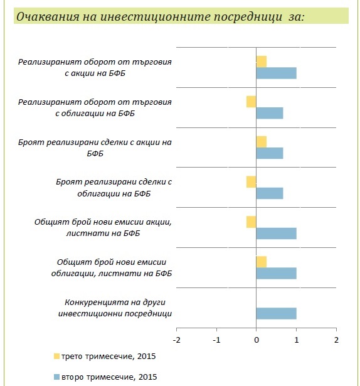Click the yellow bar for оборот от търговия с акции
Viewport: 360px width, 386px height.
pos(262,62)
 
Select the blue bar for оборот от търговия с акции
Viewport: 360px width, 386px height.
pos(277,73)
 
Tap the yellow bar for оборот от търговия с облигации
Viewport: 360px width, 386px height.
pos(251,102)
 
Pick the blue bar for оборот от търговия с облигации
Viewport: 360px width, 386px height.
pos(270,113)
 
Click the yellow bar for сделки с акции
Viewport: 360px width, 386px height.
pos(262,142)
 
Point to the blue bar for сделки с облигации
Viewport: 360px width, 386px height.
pos(270,193)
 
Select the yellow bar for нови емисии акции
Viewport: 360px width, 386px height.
pos(251,222)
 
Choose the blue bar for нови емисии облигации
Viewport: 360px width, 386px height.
pos(277,274)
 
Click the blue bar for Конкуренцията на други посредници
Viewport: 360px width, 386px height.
pos(277,313)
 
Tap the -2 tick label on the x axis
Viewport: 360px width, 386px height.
pos(177,340)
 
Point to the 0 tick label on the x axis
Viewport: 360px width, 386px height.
pos(257,340)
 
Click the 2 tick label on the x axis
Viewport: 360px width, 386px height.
pos(336,340)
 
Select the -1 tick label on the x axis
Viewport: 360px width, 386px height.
pos(216,340)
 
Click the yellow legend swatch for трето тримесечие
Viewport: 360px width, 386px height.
pos(57,357)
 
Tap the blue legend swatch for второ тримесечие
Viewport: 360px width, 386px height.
pos(57,377)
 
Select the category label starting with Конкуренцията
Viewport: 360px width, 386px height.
pos(115,308)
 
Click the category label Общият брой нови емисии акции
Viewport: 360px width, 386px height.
pos(103,227)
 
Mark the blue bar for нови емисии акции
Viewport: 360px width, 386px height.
pos(277,233)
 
